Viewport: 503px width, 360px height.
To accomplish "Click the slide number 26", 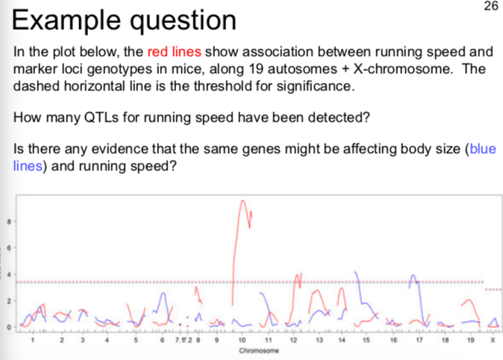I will point(490,7).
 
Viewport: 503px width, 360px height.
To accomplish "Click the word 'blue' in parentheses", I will point(482,149).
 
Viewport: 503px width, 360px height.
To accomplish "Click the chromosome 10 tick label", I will point(241,341).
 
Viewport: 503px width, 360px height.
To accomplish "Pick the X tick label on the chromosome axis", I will point(493,341).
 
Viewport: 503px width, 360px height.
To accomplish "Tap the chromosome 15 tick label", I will point(366,341).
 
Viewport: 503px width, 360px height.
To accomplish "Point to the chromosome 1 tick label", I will point(32,341).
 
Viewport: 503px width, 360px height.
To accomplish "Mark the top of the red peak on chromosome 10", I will point(242,200).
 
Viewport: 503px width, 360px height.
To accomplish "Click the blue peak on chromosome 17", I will point(413,275).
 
